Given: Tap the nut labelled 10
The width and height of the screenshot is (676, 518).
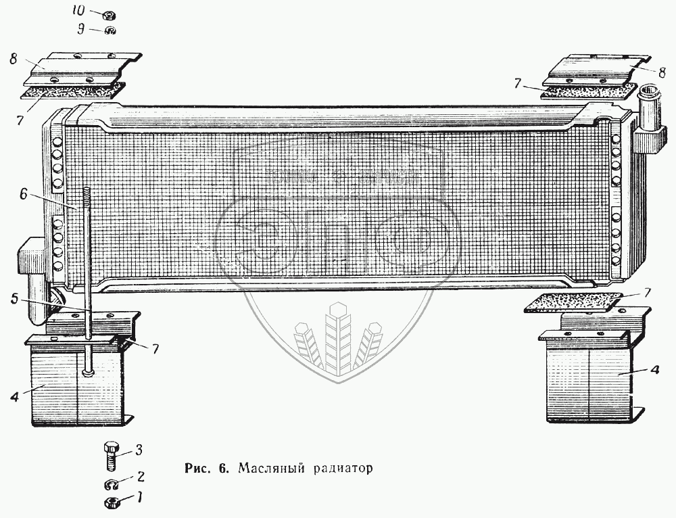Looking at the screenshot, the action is (x=109, y=14).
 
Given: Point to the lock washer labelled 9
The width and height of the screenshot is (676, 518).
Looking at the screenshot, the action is (x=110, y=30).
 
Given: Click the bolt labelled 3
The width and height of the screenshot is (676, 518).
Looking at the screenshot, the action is (x=111, y=456).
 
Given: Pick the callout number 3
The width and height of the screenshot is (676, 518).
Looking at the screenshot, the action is (x=138, y=449).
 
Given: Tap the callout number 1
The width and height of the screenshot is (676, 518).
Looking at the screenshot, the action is (x=139, y=499).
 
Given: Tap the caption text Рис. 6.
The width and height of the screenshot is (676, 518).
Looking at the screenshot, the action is (x=207, y=468).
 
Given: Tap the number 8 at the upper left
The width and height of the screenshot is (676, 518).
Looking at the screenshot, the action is (x=13, y=59).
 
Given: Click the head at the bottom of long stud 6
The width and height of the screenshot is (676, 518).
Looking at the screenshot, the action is (x=89, y=371).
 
